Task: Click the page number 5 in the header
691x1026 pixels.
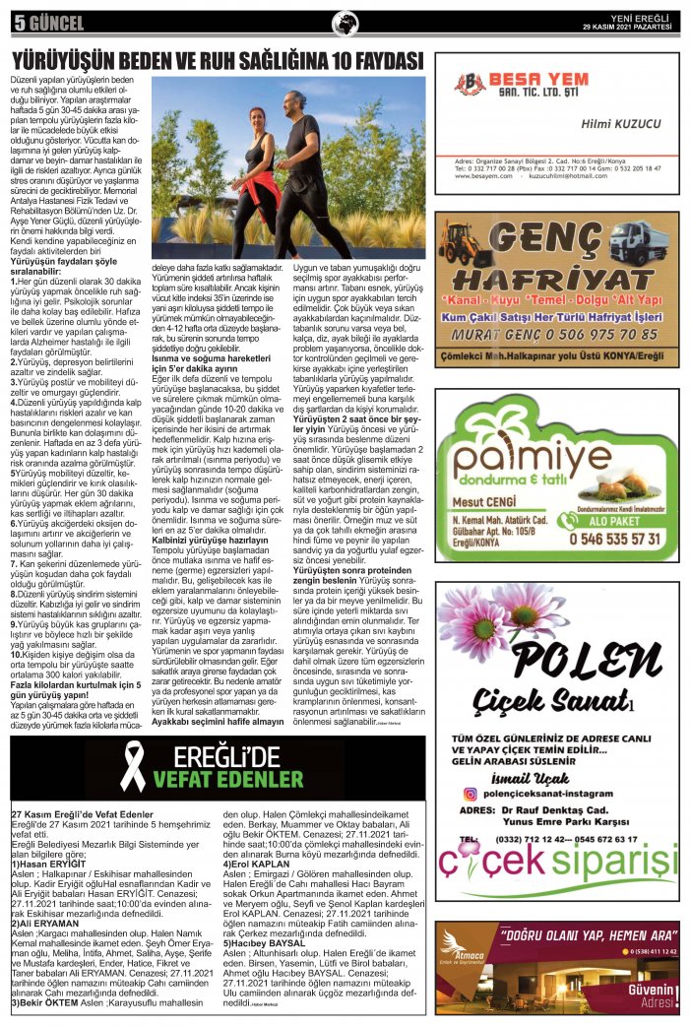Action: coord(19,21)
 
